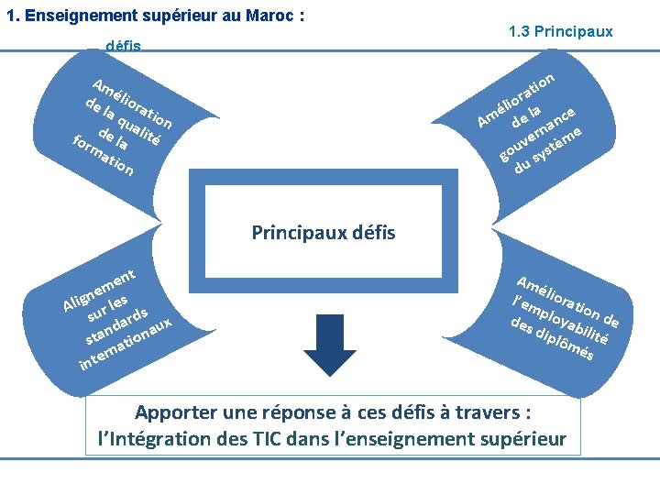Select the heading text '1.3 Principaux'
pos(560,31)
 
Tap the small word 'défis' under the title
pos(123,45)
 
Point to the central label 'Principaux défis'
pos(323,232)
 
